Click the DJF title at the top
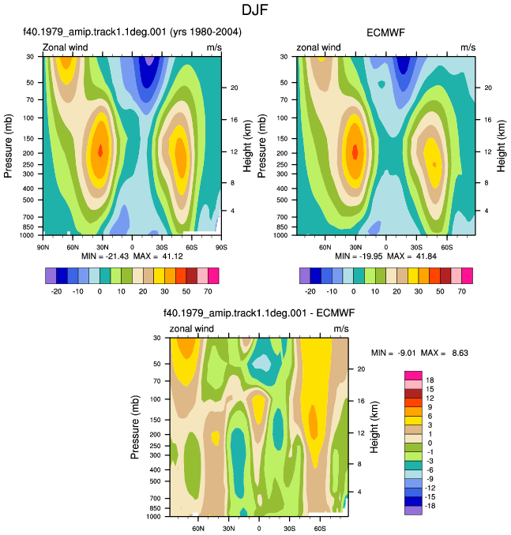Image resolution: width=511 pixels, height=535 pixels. (255, 9)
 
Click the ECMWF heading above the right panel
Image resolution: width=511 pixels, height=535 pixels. (385, 33)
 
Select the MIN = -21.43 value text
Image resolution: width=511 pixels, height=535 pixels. (105, 256)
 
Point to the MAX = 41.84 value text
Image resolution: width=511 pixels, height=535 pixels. (411, 256)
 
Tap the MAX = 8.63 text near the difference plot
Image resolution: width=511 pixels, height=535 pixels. (445, 353)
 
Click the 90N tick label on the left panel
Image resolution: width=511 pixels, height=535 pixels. (43, 247)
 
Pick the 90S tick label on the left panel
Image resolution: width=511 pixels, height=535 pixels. (221, 247)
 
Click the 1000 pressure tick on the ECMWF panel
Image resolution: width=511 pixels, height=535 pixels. (280, 235)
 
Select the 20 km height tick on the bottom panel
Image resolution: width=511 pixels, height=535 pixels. (361, 369)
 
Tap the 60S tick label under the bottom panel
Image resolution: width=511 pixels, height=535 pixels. (320, 529)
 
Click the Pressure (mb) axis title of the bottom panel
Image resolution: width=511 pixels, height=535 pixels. (135, 427)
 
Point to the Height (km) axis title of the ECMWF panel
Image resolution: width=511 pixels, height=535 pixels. (501, 146)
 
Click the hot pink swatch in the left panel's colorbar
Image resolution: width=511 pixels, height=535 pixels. (213, 275)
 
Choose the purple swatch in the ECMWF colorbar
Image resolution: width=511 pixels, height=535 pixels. (305, 275)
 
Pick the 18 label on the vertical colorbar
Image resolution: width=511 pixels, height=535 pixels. (430, 380)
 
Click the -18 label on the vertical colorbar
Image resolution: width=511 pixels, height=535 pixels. (430, 506)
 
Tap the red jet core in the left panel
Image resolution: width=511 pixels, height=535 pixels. (100, 150)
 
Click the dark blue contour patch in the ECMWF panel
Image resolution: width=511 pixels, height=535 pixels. (404, 65)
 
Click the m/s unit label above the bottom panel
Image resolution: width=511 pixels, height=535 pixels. (341, 329)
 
